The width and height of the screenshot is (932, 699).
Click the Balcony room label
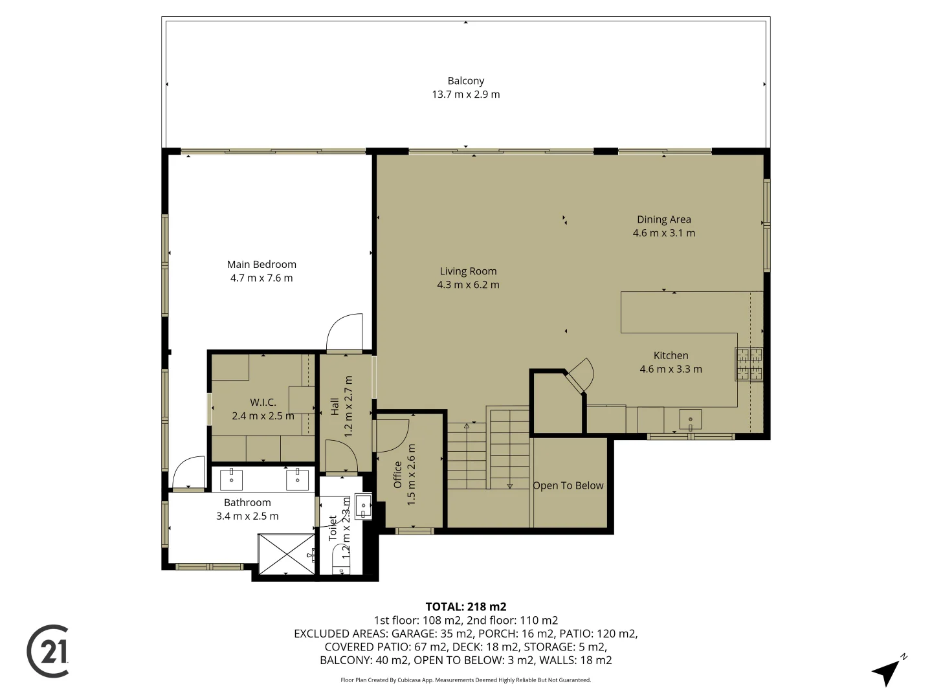pyautogui.click(x=466, y=81)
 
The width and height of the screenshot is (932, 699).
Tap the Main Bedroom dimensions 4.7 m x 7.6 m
pyautogui.click(x=261, y=278)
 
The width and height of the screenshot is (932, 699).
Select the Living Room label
pyautogui.click(x=468, y=271)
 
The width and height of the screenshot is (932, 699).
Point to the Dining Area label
pyautogui.click(x=663, y=219)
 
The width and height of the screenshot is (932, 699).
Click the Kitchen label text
pyautogui.click(x=671, y=356)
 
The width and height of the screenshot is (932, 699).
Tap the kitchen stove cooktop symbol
pyautogui.click(x=749, y=364)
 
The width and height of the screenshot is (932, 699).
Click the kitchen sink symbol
pyautogui.click(x=691, y=419)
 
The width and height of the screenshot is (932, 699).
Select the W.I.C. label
pyautogui.click(x=263, y=403)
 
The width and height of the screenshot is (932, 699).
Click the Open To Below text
pyautogui.click(x=568, y=485)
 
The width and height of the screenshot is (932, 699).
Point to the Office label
pyautogui.click(x=398, y=474)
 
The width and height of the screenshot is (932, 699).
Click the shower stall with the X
pyautogui.click(x=287, y=554)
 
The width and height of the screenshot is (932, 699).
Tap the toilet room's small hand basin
pyautogui.click(x=363, y=506)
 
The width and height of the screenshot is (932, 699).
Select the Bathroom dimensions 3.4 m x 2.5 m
pyautogui.click(x=247, y=516)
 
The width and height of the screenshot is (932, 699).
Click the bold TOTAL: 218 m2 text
pyautogui.click(x=466, y=606)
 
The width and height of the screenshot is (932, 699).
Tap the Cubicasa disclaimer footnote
pyautogui.click(x=466, y=680)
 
